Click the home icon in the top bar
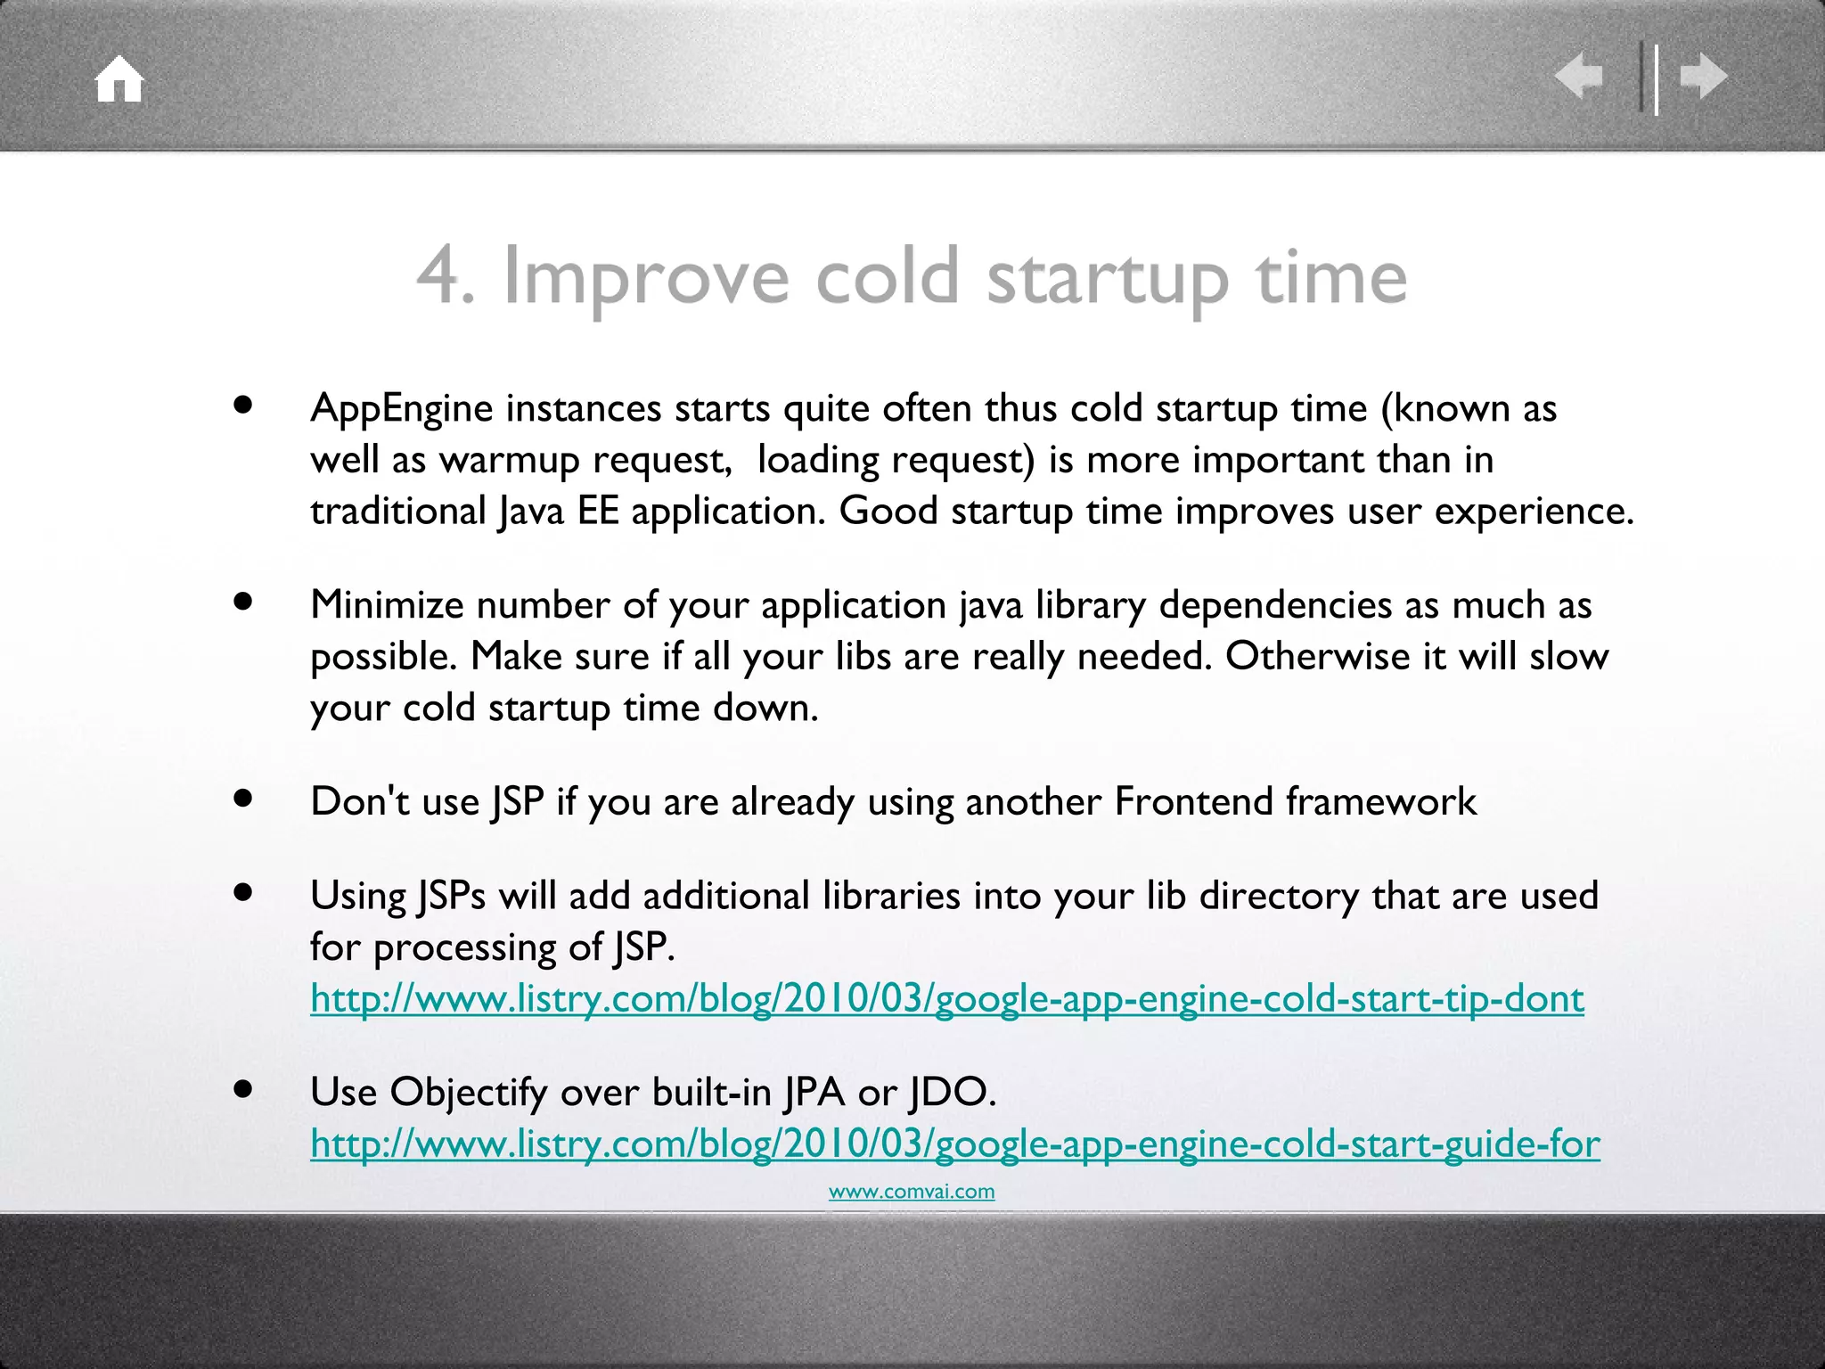(119, 79)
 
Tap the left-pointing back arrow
(1578, 76)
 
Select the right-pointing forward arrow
(1704, 76)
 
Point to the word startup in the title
(1108, 278)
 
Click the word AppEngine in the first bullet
(401, 409)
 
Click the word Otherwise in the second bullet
(1316, 657)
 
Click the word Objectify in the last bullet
(468, 1093)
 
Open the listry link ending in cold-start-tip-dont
(946, 999)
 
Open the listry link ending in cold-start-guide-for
(954, 1144)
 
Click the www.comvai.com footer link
(911, 1192)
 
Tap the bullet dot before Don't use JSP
(243, 799)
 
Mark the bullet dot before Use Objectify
(243, 1089)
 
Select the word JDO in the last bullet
(951, 1093)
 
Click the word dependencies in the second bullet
(1275, 605)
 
